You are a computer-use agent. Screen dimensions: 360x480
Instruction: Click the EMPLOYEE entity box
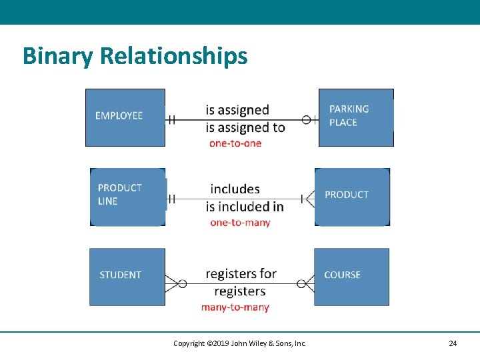point(125,117)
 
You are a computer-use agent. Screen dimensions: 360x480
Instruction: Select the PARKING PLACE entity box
point(356,117)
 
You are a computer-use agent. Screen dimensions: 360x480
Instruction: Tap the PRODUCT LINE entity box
point(127,197)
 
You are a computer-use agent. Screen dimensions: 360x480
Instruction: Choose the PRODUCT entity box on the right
point(352,197)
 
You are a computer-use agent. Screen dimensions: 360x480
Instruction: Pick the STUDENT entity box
point(127,277)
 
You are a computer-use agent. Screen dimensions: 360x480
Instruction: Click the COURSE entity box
point(351,277)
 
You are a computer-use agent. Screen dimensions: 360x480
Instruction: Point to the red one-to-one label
point(235,143)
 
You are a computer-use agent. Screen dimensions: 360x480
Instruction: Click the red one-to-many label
point(240,223)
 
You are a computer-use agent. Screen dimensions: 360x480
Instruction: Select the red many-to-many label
point(235,307)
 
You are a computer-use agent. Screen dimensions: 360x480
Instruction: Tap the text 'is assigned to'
point(245,127)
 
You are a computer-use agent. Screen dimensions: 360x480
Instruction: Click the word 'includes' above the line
point(235,189)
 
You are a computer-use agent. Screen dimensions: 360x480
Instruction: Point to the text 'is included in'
point(245,207)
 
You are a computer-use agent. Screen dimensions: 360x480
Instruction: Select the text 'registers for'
point(241,274)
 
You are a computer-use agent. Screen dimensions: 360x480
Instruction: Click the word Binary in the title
point(58,57)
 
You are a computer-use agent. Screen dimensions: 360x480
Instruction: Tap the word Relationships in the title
point(174,57)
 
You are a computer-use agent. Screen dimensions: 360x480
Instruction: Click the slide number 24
point(453,343)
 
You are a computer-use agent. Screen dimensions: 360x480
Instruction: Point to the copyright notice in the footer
point(239,343)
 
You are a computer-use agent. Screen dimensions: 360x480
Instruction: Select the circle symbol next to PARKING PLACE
point(307,120)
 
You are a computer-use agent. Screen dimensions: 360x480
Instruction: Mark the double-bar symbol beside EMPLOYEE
point(171,120)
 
